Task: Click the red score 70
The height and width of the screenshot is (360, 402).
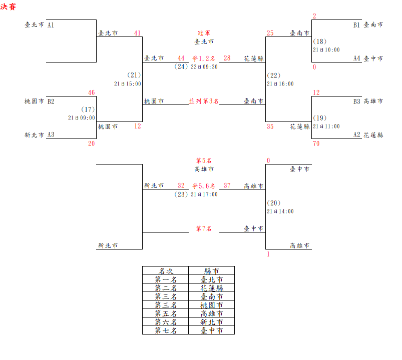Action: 316,144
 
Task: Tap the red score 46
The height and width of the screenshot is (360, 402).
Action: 91,92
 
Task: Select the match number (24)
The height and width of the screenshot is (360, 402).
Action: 181,66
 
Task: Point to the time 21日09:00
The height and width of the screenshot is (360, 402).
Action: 82,118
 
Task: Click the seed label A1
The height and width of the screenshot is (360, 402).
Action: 51,24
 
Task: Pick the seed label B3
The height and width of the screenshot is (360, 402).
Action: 356,101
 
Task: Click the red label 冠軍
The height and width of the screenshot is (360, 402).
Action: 204,33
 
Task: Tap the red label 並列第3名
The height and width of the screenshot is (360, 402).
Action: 204,101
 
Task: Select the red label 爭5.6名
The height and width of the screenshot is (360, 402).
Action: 204,185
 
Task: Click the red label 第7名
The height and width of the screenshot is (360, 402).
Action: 204,228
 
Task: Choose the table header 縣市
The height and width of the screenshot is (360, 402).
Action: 211,271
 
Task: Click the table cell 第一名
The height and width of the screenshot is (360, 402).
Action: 166,279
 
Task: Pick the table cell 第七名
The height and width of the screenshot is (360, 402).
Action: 166,330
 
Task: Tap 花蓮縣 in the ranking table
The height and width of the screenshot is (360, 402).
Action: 211,288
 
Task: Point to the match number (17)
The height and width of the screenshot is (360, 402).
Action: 88,109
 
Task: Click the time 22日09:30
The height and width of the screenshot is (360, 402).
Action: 204,67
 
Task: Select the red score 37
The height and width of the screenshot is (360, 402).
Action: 227,185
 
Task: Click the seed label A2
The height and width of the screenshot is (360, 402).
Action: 356,135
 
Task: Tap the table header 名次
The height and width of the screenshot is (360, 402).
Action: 166,271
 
